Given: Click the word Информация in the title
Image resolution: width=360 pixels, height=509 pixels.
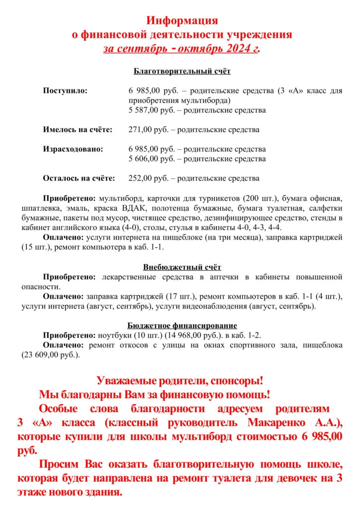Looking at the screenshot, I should pos(182,21).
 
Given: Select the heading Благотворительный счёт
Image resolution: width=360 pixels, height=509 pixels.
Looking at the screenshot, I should pos(182,71).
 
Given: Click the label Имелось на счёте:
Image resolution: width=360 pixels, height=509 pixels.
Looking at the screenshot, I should pos(78,130).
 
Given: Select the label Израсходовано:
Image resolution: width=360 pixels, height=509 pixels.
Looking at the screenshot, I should pos(73,149).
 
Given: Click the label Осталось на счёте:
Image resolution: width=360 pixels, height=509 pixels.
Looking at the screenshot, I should pos(79,178).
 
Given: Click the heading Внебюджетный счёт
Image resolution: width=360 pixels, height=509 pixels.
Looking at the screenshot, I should pos(182,267).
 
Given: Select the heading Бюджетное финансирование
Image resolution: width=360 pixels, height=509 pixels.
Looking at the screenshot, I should pos(182,326).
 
